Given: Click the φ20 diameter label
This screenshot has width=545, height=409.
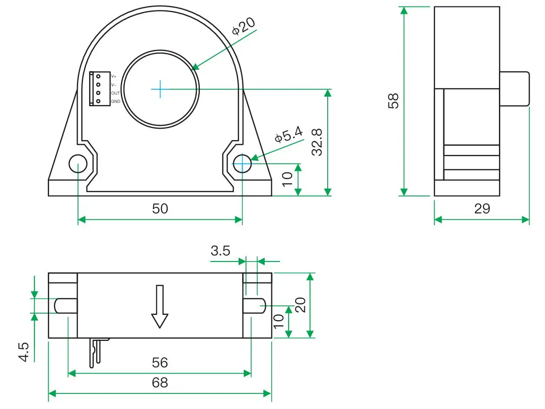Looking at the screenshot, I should (243, 26).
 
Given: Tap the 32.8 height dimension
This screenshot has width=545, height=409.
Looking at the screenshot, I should (318, 142).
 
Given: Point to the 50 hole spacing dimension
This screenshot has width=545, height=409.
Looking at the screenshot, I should (160, 209).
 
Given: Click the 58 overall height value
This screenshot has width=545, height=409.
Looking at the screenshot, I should (393, 101).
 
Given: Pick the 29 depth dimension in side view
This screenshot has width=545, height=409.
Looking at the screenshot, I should (482, 209).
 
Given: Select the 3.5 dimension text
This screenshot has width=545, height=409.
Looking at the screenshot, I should (220, 251).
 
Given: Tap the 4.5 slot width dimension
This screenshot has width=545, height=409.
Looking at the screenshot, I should (24, 352).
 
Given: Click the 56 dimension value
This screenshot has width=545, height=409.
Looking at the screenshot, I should (160, 362).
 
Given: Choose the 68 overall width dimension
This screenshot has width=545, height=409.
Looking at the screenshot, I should (160, 383).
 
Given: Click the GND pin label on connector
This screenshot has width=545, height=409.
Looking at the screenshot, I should (116, 101).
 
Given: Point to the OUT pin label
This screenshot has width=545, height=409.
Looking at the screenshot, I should (115, 93).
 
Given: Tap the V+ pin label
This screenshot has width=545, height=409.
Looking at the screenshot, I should (114, 76).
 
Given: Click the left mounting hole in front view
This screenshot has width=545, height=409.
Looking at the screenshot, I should (78, 164).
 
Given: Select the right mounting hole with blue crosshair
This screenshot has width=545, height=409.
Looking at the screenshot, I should (242, 164).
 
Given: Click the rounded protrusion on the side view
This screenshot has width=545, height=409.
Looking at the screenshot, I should (515, 88).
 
